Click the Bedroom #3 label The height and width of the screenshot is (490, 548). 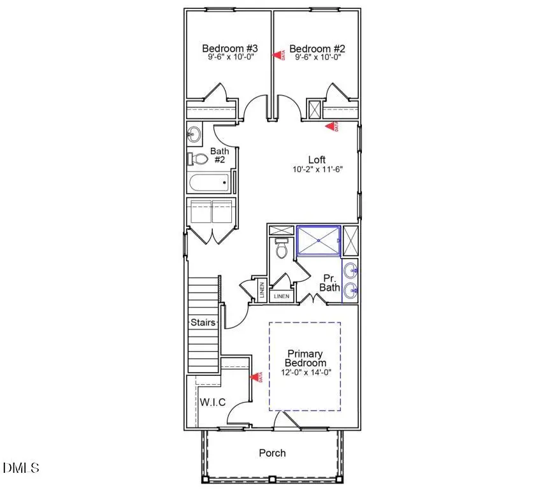(x=221, y=48)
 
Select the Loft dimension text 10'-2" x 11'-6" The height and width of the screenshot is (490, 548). (x=318, y=170)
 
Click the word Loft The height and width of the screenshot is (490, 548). (x=317, y=160)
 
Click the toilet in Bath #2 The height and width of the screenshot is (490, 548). (x=199, y=159)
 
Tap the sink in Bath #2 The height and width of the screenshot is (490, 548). (x=194, y=134)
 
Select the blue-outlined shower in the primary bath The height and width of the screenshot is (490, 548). (x=319, y=240)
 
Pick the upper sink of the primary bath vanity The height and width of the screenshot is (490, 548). (x=350, y=271)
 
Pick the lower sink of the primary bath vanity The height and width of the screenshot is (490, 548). (x=350, y=291)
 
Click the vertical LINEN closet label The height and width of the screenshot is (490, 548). (x=261, y=291)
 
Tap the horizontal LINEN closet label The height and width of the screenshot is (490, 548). (x=281, y=297)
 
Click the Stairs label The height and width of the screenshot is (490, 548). (x=203, y=322)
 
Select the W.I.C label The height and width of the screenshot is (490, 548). (x=213, y=402)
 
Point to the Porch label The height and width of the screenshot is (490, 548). (x=272, y=453)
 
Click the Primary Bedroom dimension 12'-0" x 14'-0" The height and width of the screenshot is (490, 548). (x=305, y=373)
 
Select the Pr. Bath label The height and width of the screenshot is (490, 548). (x=331, y=283)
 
